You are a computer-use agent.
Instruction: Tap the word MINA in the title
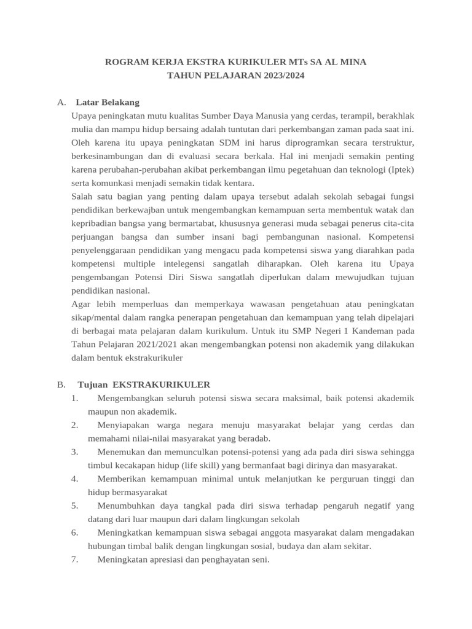352,63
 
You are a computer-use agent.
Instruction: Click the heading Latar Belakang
108,102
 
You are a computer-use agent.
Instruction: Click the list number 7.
74,560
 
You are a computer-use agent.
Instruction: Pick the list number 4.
74,479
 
